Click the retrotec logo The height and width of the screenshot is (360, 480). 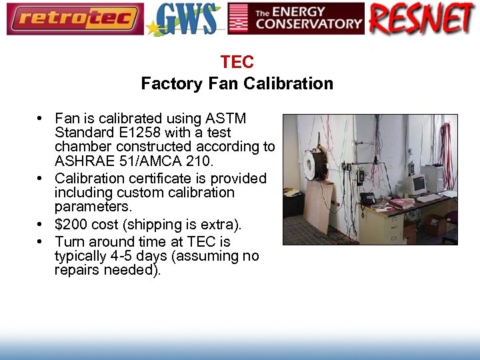75,19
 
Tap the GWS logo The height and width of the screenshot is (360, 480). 185,19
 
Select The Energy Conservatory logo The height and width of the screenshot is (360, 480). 296,19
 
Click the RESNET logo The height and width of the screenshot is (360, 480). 422,19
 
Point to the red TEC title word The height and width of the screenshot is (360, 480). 237,63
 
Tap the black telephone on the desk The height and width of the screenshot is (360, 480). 368,198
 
